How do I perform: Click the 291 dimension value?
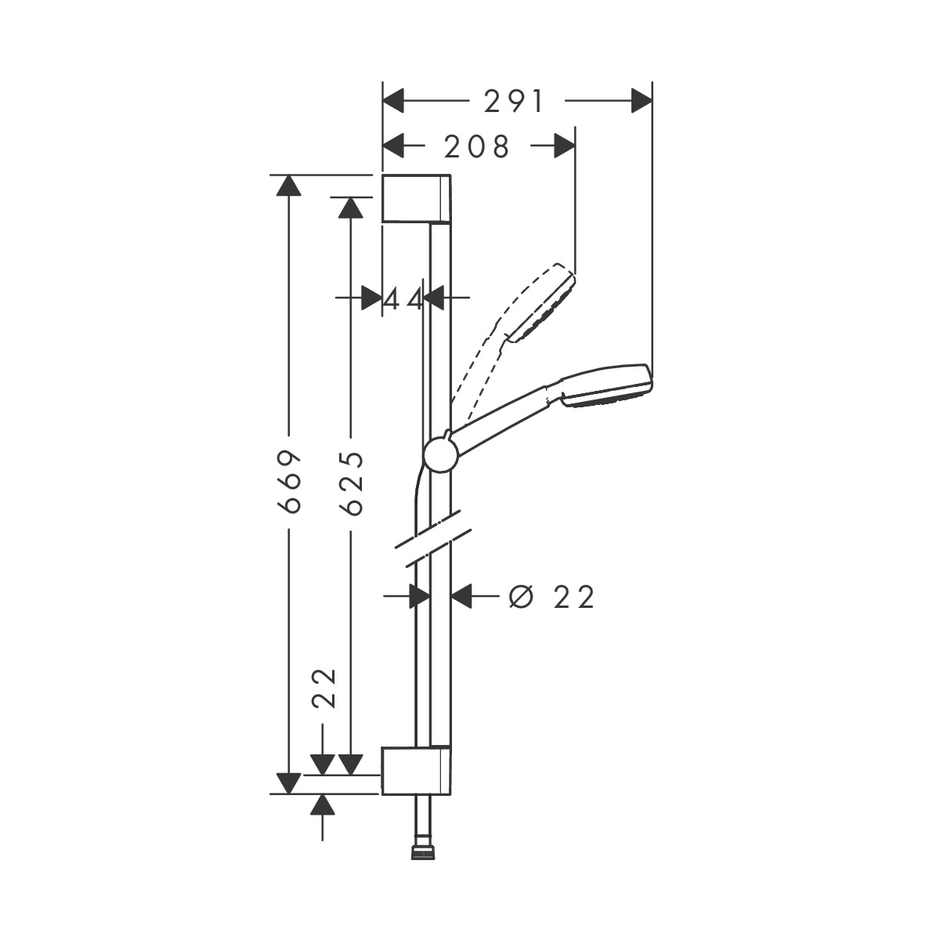[x=514, y=101]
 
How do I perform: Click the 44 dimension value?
[x=403, y=298]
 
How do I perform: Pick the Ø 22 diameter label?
[x=552, y=597]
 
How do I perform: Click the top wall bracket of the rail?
[x=416, y=198]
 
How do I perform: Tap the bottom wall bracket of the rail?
[x=416, y=772]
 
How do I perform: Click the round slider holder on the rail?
[x=442, y=455]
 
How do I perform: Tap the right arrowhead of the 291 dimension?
[x=642, y=101]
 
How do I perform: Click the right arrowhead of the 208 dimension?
[x=565, y=146]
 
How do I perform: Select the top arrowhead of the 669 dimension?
[x=290, y=186]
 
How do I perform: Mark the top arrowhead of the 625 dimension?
[x=351, y=207]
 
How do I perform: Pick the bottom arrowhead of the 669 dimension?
[x=290, y=783]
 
